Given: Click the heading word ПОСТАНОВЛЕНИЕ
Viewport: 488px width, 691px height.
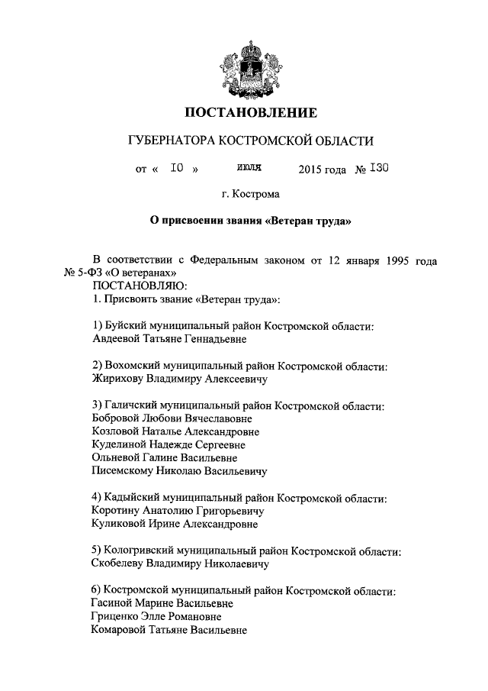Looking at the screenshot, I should coord(251,114).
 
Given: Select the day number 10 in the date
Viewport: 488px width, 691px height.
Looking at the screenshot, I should coord(177,168).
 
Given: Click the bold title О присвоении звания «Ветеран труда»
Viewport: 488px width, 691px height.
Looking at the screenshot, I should coord(251,221).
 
